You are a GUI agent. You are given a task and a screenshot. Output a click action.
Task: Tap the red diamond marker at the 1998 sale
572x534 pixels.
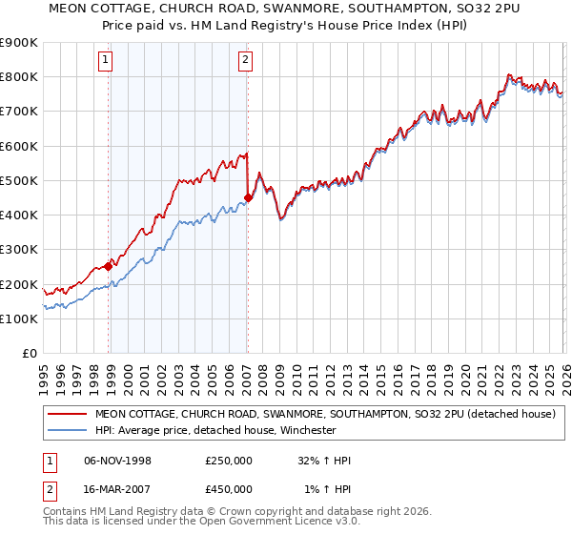pyautogui.click(x=108, y=267)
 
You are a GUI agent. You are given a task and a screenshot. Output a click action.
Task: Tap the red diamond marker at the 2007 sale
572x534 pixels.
pyautogui.click(x=248, y=198)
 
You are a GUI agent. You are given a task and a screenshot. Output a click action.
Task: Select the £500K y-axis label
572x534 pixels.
pyautogui.click(x=19, y=180)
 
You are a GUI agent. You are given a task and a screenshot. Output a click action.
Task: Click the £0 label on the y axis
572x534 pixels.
pyautogui.click(x=31, y=353)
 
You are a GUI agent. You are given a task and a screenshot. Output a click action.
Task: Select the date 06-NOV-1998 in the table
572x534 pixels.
pyautogui.click(x=118, y=461)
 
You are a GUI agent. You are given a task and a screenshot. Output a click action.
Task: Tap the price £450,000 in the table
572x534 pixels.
pyautogui.click(x=228, y=489)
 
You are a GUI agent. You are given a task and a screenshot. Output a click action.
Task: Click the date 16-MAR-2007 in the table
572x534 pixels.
pyautogui.click(x=118, y=489)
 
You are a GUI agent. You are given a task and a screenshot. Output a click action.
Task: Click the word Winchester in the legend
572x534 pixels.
pyautogui.click(x=306, y=430)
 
